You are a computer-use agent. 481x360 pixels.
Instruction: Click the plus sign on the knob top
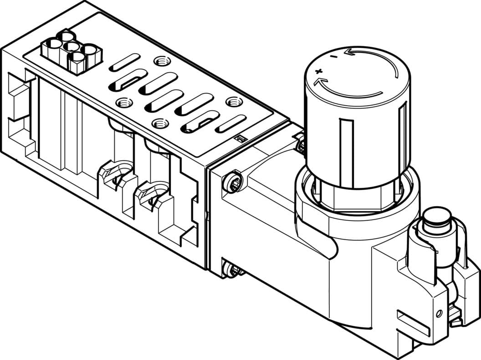(318, 71)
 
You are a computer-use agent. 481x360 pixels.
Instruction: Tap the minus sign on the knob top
(334, 57)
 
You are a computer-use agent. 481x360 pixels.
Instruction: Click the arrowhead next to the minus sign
(348, 52)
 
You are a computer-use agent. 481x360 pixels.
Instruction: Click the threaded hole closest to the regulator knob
(235, 101)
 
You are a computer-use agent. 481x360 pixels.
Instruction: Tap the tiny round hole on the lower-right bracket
(439, 314)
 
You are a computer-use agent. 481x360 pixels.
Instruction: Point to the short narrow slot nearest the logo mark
(230, 123)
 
